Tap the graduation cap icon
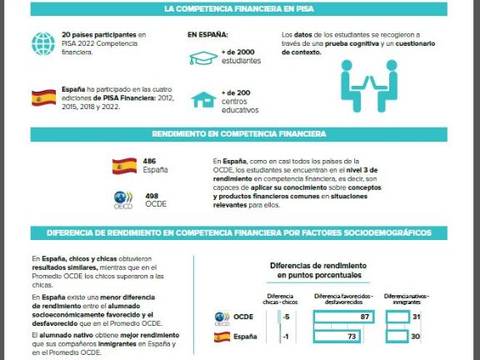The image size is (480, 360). [202, 57]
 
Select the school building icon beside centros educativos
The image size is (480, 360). [202, 99]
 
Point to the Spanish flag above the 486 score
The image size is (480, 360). [125, 164]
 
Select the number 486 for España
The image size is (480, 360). [150, 161]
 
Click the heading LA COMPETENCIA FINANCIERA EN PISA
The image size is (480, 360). [239, 9]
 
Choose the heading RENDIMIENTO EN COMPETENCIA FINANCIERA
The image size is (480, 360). [239, 133]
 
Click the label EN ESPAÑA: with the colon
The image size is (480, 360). [207, 36]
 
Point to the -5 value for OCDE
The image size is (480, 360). [286, 317]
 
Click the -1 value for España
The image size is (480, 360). [286, 337]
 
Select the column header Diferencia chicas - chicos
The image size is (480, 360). [280, 299]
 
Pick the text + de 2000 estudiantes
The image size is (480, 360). [242, 57]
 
